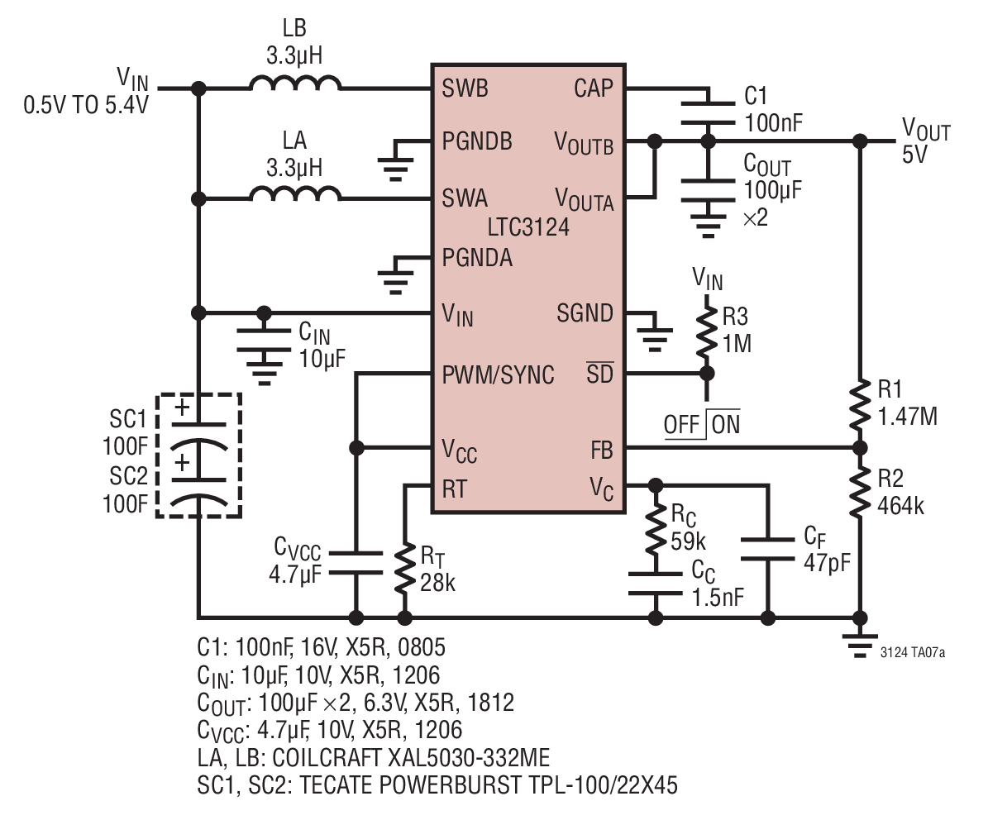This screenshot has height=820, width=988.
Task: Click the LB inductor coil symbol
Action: (295, 83)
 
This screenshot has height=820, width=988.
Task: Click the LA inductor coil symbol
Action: (295, 193)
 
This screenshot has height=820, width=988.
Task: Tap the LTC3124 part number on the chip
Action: (528, 227)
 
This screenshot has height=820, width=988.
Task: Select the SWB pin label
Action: (465, 88)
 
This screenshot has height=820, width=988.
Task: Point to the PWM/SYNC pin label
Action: (498, 374)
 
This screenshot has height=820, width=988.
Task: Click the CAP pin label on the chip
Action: (593, 88)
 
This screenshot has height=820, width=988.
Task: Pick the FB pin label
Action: (602, 451)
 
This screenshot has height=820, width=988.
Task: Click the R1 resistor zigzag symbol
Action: (860, 403)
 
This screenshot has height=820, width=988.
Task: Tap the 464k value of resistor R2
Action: (900, 506)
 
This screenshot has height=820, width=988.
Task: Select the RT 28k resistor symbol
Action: (404, 570)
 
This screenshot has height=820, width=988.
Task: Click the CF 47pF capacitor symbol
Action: (767, 549)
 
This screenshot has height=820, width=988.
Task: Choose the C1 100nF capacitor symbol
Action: (709, 112)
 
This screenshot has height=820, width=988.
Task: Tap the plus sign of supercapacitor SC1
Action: (182, 408)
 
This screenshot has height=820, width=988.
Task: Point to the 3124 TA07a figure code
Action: (913, 652)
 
